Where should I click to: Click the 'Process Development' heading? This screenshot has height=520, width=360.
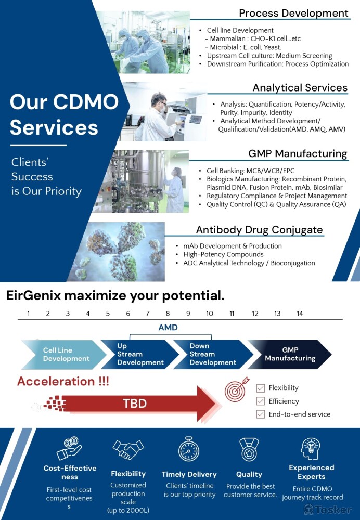(293, 13)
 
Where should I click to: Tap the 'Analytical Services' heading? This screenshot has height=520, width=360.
(300, 87)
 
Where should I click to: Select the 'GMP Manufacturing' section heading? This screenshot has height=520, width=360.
(298, 153)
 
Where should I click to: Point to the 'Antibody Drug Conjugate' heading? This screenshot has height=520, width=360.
(259, 230)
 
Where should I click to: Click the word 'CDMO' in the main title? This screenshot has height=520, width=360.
(86, 101)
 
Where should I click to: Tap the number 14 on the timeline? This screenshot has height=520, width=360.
(300, 314)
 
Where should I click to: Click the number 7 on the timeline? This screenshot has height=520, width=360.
(148, 314)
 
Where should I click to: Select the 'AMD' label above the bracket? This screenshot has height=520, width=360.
(168, 327)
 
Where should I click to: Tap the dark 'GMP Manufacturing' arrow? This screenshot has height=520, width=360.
(289, 355)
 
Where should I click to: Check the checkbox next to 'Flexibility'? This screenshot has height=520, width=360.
(261, 388)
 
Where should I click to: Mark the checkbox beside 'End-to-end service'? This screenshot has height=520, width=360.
(261, 414)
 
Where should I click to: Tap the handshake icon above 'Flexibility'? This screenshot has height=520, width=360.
(128, 449)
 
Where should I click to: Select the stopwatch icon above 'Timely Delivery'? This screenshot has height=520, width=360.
(189, 449)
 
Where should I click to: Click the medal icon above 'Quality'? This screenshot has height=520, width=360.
(249, 449)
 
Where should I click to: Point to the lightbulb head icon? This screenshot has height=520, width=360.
(311, 448)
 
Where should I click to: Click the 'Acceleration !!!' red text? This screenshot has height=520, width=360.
(63, 381)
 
